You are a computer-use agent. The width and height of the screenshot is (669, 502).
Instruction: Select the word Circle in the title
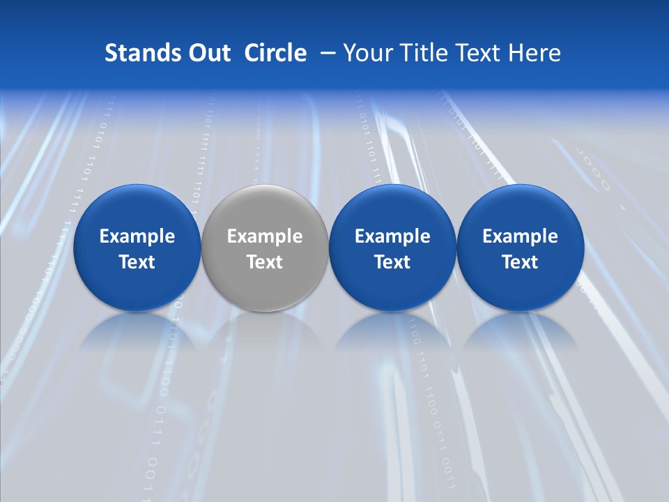[275, 53]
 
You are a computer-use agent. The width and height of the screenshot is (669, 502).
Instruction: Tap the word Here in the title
[536, 53]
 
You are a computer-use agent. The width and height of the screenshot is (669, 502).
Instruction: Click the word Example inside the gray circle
[265, 236]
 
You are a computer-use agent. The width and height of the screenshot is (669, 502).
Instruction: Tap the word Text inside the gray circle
[265, 262]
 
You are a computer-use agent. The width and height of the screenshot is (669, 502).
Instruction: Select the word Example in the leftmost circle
[137, 236]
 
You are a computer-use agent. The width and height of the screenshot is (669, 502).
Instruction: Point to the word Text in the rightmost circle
[520, 262]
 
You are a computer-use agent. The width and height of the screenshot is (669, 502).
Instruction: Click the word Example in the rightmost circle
[520, 236]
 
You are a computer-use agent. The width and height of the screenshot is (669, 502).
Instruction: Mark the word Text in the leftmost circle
[137, 262]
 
